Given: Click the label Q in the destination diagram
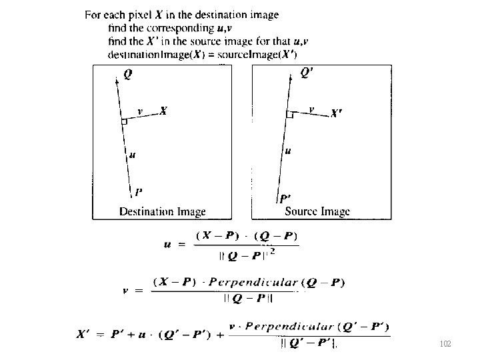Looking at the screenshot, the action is (127, 75).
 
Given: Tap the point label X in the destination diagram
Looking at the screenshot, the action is (163, 112).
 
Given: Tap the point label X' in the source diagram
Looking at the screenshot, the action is (338, 114).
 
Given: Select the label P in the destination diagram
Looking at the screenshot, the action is (138, 193).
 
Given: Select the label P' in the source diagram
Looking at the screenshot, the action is (285, 198).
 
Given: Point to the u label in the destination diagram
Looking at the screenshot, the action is (132, 155).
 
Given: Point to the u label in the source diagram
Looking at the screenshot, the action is (287, 151).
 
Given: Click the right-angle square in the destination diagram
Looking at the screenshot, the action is (125, 121).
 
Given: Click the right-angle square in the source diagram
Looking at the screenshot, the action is (289, 115).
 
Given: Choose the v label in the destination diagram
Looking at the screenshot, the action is (139, 111).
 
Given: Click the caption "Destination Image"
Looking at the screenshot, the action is (162, 212).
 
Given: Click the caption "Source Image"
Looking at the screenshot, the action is (317, 212).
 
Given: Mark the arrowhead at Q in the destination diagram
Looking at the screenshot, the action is (117, 77).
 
